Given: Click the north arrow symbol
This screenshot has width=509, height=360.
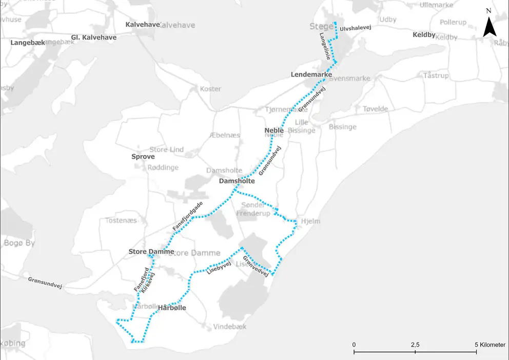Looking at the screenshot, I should click(490, 26).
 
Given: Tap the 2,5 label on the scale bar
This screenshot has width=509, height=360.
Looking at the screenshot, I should click(415, 344).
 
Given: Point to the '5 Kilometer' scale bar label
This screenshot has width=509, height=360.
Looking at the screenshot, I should click(491, 344).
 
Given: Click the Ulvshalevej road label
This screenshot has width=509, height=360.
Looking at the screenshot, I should click(355, 28).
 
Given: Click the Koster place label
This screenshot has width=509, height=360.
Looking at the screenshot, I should click(210, 89).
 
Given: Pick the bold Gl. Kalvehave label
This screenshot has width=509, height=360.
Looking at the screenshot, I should click(93, 37).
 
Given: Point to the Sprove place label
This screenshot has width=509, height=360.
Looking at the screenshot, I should click(143, 156).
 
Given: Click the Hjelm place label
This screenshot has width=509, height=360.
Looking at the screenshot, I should click(310, 221).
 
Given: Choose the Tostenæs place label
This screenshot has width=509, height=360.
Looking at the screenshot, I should click(121, 220).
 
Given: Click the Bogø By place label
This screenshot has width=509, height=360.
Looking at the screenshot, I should click(19, 243).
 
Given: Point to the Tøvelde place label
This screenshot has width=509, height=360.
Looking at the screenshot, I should click(375, 109).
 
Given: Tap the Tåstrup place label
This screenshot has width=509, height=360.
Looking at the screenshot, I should click(436, 75).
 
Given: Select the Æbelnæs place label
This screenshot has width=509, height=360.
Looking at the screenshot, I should click(225, 135).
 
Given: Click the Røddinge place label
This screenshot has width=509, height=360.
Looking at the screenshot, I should click(163, 167).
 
